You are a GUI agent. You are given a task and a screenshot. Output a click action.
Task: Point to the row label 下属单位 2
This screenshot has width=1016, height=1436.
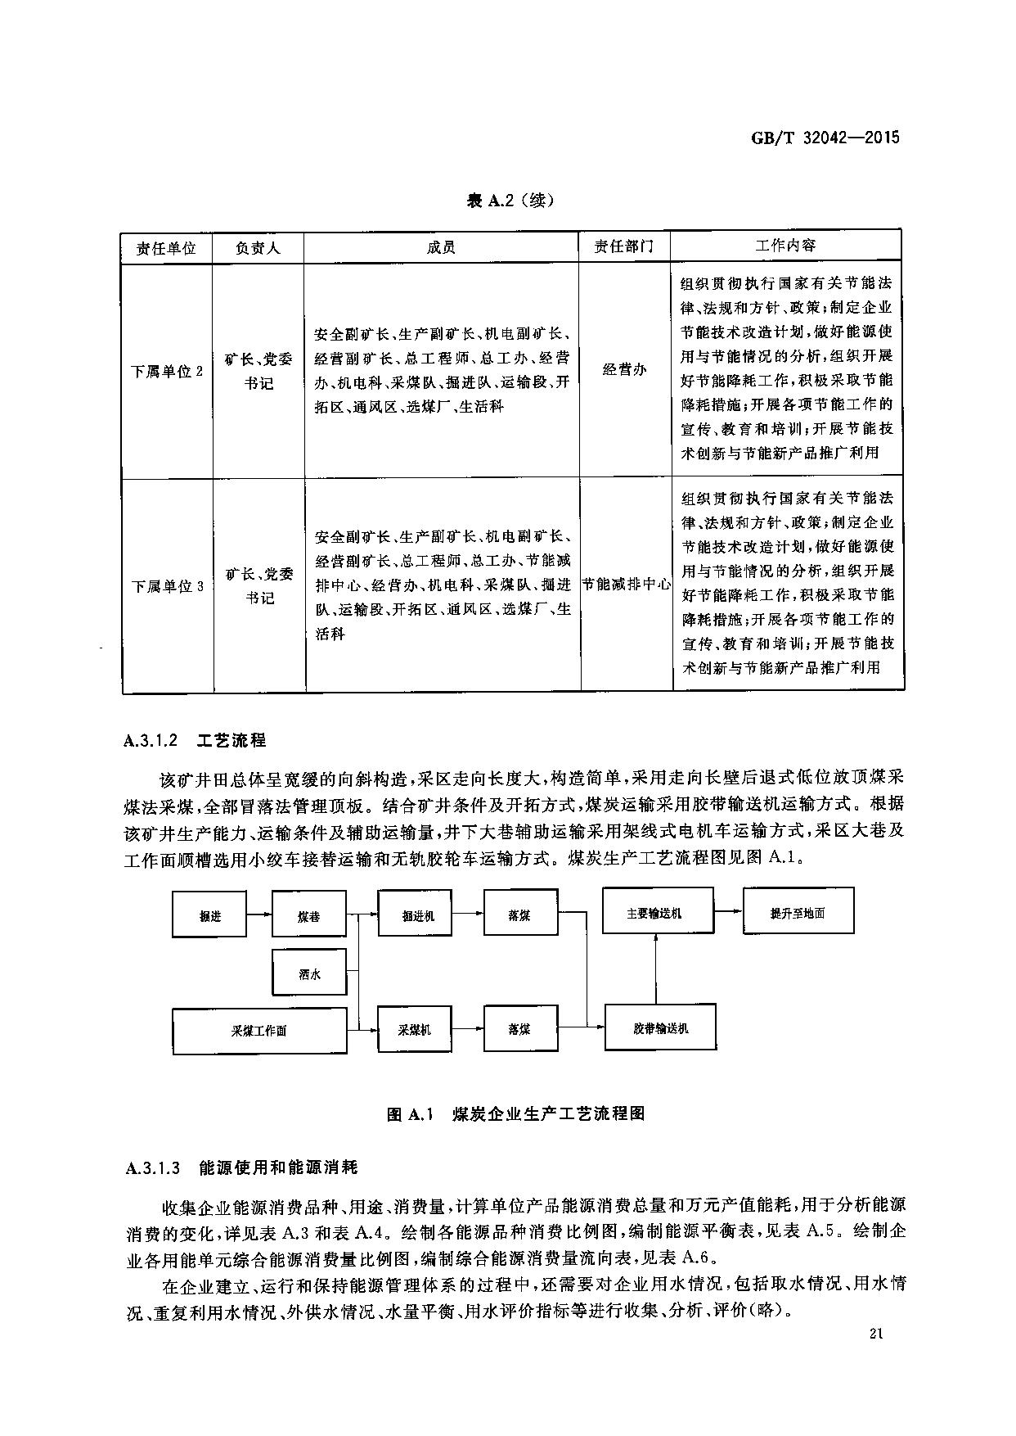pos(167,371)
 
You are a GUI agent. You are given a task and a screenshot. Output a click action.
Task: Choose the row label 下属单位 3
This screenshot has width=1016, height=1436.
pos(167,586)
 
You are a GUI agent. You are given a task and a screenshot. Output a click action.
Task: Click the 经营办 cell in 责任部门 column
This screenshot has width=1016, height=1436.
pos(624,370)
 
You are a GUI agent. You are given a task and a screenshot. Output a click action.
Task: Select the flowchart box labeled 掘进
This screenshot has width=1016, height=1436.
pos(209,916)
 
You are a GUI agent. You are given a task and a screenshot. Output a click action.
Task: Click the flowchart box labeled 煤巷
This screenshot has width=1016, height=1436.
pos(309,916)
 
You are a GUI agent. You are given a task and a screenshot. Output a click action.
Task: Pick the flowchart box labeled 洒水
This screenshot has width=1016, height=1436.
pos(309,974)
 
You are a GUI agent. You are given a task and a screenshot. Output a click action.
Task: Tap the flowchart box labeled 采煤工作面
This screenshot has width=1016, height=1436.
pos(258,1031)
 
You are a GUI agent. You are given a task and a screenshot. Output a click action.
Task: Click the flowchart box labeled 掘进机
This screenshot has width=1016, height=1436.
pos(414,915)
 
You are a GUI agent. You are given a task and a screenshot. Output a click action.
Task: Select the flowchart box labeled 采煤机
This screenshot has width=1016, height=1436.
pos(414,1030)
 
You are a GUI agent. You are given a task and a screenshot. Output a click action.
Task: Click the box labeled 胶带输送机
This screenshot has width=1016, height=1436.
pos(660,1027)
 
